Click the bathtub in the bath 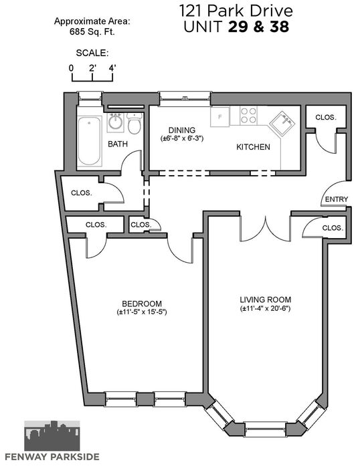(89, 140)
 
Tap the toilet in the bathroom (134, 123)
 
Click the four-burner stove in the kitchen (248, 116)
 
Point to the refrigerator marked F (220, 117)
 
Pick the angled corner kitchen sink (283, 123)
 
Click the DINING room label (182, 130)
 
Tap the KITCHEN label (253, 147)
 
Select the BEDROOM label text (142, 304)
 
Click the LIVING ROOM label (266, 300)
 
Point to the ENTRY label (337, 199)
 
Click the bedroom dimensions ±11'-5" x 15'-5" (142, 312)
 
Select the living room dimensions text (266, 308)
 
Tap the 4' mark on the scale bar (112, 68)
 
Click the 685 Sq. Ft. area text (92, 32)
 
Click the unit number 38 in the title (280, 27)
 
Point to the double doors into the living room (265, 229)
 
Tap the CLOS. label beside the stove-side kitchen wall (326, 118)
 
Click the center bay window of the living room (265, 429)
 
